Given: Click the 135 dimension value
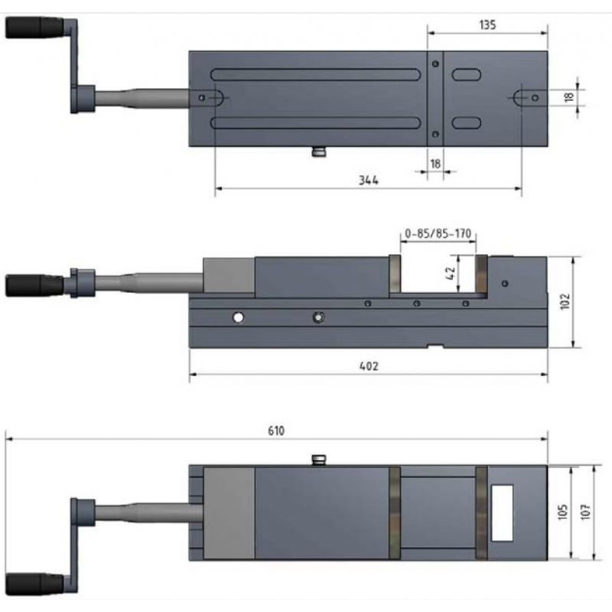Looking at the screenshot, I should click(x=488, y=24).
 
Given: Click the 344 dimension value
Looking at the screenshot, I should click(x=369, y=181).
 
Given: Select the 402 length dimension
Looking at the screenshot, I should click(x=368, y=366).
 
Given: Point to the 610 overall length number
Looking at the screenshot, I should click(x=276, y=431).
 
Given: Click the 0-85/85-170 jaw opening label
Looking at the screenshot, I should click(x=437, y=233).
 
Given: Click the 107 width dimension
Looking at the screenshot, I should click(x=585, y=511).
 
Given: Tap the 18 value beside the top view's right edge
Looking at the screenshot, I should click(x=568, y=97).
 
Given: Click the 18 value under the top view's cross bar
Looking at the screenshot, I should click(x=435, y=164).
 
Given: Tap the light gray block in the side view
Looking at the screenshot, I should click(x=229, y=275).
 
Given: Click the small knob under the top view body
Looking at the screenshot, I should click(x=318, y=153).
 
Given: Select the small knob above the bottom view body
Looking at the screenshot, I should click(x=318, y=459).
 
